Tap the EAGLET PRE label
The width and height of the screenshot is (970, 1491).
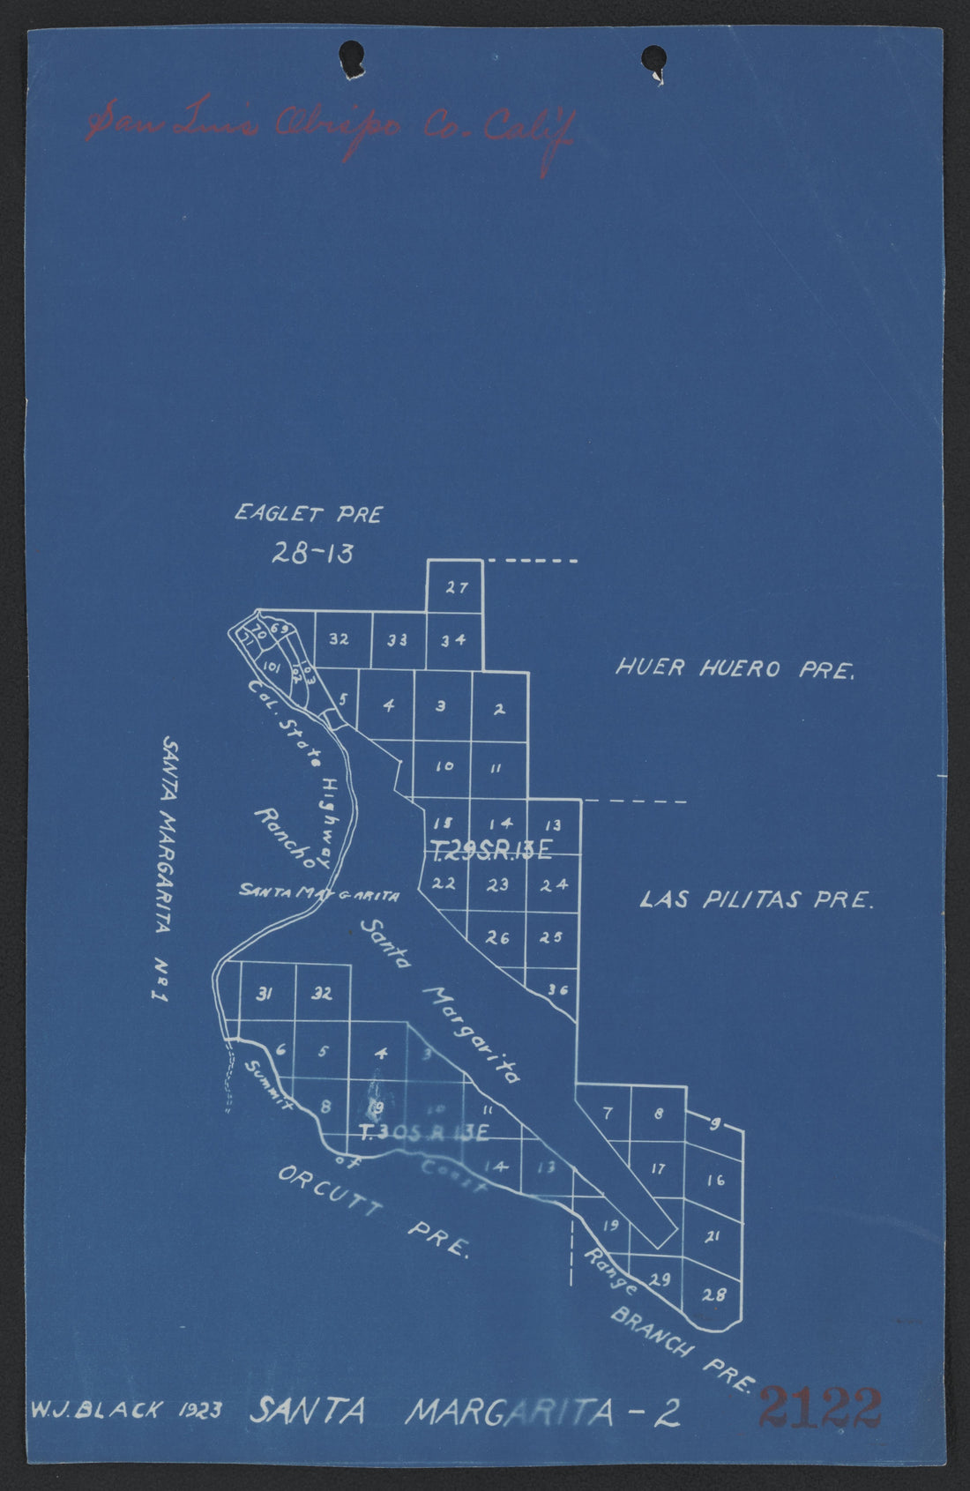(x=308, y=514)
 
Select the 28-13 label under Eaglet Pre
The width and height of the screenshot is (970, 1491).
(x=312, y=553)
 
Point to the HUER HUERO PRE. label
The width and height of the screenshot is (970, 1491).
(x=735, y=668)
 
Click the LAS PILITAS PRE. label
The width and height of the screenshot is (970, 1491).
(x=756, y=900)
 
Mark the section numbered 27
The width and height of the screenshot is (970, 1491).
(x=455, y=587)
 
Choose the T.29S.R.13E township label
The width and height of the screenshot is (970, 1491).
(x=491, y=850)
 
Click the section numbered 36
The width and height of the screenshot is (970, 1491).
(x=556, y=989)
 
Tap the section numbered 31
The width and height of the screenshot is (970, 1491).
(x=264, y=995)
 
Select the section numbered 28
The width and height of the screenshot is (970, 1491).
(x=714, y=1295)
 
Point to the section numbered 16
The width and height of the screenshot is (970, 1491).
(x=715, y=1180)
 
